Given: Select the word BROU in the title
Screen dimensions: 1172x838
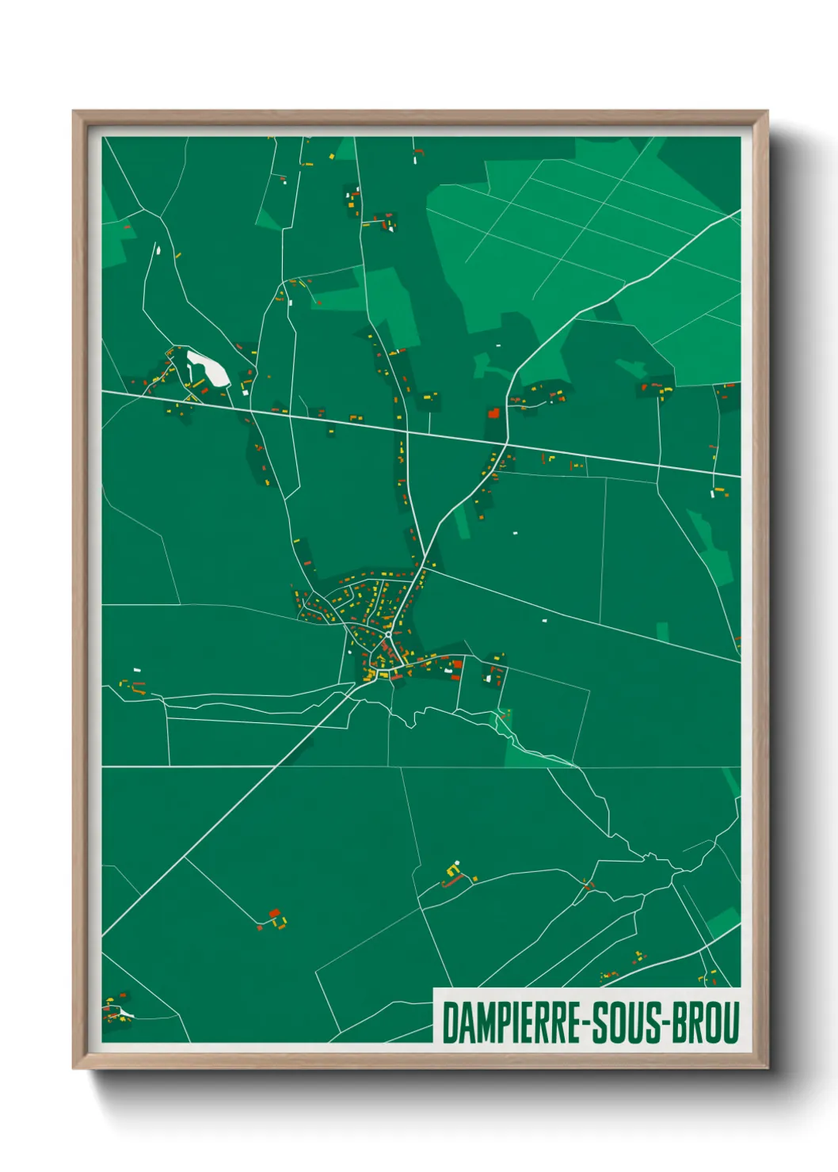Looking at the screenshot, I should click(707, 1023).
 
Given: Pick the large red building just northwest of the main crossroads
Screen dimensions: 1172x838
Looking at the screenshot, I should click(494, 413).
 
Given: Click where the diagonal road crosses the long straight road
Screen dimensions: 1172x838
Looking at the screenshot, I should click(508, 440).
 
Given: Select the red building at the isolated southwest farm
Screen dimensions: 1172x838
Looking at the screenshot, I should click(275, 913).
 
